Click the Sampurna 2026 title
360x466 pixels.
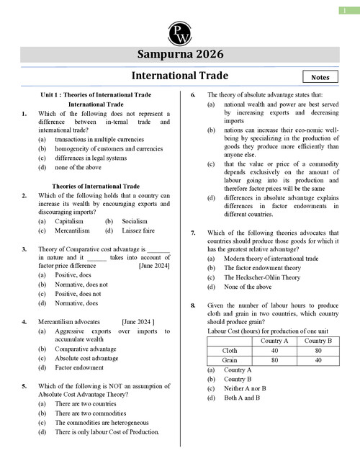[x=180, y=55]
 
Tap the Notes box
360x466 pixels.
[x=321, y=76]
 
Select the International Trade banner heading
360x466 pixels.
[x=180, y=76]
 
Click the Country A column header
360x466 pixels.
[x=274, y=340]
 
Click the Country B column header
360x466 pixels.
[x=319, y=340]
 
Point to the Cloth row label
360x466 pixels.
[x=230, y=350]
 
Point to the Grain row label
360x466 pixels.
[x=230, y=360]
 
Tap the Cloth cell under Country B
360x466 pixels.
[x=319, y=350]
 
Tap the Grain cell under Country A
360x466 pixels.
[x=274, y=360]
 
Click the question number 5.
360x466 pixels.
[x=24, y=386]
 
